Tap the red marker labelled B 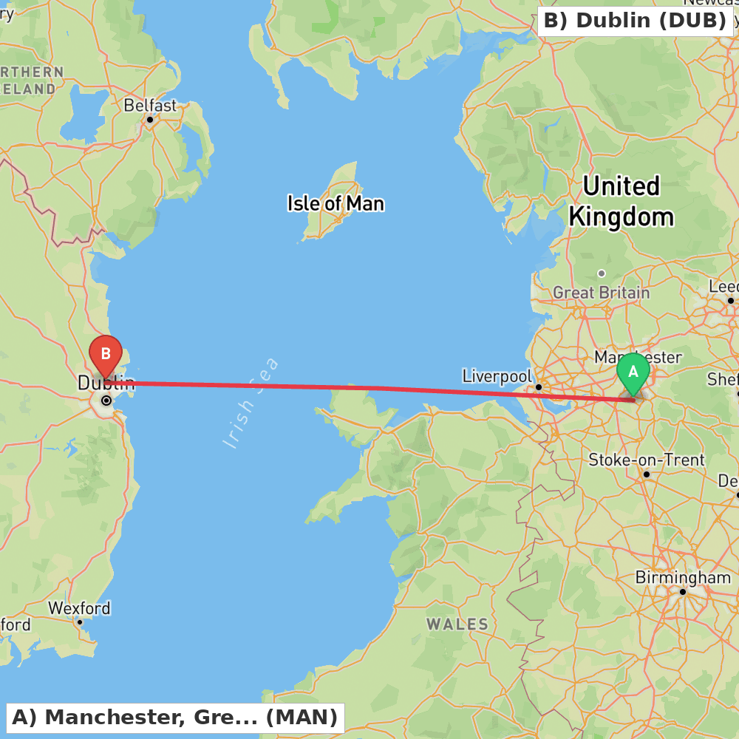(x=105, y=355)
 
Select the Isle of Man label (x=336, y=202)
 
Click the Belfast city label (x=150, y=106)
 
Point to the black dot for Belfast (x=149, y=120)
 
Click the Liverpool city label (x=497, y=376)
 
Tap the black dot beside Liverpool (x=539, y=387)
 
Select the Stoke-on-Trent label (x=647, y=460)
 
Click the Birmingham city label (x=683, y=577)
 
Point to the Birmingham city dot (x=683, y=592)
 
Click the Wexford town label (x=79, y=608)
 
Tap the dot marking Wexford (x=80, y=622)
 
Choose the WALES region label (x=457, y=624)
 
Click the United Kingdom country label (x=621, y=201)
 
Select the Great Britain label (x=602, y=293)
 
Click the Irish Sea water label (x=251, y=403)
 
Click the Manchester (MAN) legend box (x=175, y=717)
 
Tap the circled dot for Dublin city (x=106, y=401)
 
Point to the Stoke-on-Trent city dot (x=647, y=474)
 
